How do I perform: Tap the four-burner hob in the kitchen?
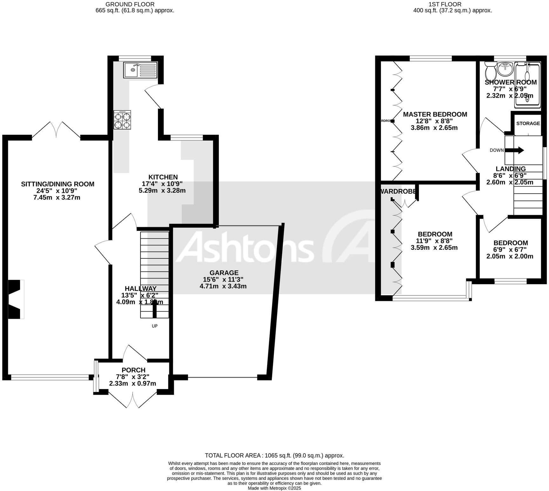[122, 120]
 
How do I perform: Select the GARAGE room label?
[224, 273]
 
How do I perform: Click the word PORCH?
[133, 370]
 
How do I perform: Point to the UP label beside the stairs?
[155, 326]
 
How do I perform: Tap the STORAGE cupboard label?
[528, 123]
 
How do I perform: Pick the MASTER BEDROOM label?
[435, 114]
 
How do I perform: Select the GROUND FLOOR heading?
[130, 4]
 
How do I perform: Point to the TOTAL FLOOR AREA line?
[274, 455]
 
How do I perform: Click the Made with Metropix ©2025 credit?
[274, 488]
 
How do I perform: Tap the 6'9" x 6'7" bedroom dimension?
[510, 249]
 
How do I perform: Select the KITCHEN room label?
[163, 177]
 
